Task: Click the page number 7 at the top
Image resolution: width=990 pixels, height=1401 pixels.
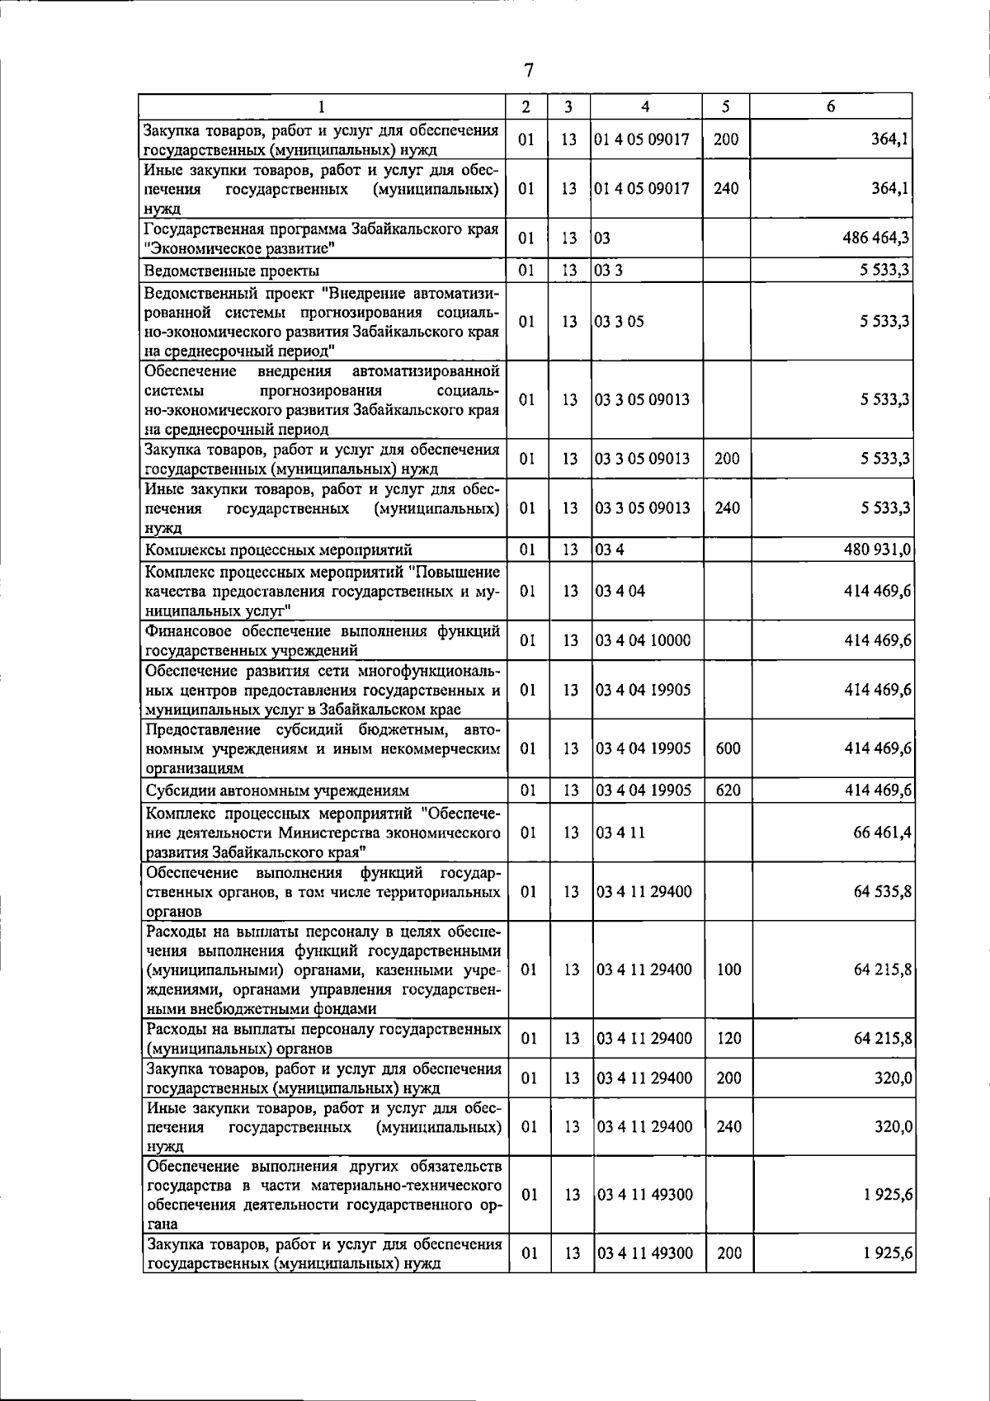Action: tap(528, 70)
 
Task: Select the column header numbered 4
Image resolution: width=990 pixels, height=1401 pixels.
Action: tap(646, 106)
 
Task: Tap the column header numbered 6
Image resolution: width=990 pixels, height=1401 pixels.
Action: tap(831, 106)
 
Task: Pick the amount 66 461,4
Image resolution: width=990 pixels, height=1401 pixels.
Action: tap(882, 833)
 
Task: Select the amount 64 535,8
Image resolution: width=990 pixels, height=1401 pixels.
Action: tap(882, 892)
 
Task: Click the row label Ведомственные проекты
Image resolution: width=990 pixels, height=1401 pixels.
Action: tap(232, 271)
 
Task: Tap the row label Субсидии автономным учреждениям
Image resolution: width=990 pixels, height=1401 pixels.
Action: tap(277, 790)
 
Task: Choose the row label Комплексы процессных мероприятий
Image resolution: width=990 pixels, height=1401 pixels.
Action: tap(278, 550)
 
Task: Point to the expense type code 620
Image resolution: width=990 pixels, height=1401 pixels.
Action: tap(728, 790)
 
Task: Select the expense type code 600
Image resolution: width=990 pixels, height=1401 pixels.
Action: tap(728, 748)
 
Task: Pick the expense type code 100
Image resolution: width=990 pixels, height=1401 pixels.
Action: tap(728, 969)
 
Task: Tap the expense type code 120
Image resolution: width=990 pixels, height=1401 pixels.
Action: tap(728, 1038)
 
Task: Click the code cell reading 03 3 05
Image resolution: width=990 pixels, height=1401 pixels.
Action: tap(620, 321)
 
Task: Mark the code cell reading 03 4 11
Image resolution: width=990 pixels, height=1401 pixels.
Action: tap(620, 833)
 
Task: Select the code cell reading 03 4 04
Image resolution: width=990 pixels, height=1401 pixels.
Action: tap(620, 591)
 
